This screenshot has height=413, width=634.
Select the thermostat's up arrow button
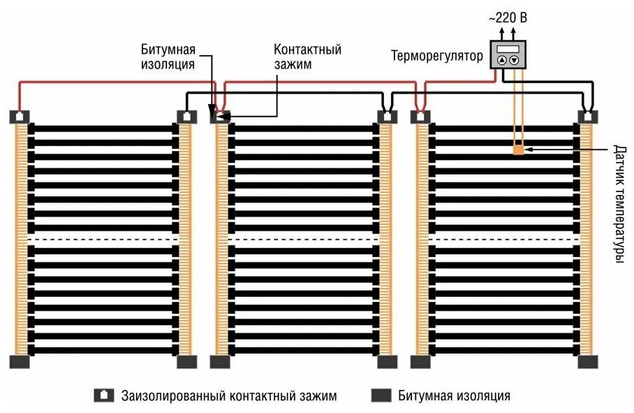pos(501,61)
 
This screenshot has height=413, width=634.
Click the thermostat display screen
pos(508,49)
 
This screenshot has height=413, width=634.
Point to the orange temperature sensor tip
pos(517,149)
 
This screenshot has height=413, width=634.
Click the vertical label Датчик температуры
pos(618,203)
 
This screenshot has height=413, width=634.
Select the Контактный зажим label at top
pos(307,57)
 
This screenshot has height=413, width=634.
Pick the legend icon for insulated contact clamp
pos(103,396)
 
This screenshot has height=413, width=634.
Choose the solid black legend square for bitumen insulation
pos(380,396)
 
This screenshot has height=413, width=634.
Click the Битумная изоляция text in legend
pos(454,396)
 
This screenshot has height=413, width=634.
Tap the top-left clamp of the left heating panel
pos(20,117)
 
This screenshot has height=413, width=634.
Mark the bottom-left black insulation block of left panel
pos(20,361)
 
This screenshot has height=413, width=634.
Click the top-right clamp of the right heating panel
pos(588,117)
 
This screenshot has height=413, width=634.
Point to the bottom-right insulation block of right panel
pos(588,361)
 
